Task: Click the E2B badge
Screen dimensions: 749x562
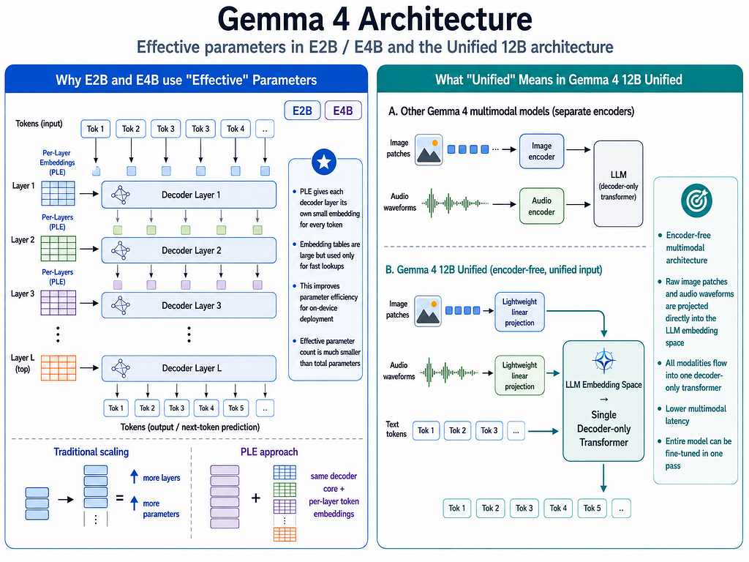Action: tap(302, 110)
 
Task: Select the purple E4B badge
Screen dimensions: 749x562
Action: tap(343, 110)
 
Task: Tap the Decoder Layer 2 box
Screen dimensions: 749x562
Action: tap(189, 250)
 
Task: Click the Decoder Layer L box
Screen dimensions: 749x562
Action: tap(189, 368)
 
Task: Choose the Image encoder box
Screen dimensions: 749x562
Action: tap(542, 151)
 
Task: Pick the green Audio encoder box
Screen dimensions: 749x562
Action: tap(542, 206)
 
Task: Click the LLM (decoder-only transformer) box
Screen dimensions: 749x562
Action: tap(618, 184)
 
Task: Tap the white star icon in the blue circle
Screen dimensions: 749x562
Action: tap(324, 162)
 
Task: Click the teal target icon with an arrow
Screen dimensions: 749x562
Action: tap(696, 201)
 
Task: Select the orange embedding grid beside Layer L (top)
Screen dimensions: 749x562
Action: tap(59, 367)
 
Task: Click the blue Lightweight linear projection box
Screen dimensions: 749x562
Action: tap(520, 312)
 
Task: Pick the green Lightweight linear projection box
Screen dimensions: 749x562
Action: tap(520, 375)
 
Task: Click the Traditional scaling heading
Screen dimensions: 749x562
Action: tap(91, 452)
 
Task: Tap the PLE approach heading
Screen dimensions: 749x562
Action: tap(269, 452)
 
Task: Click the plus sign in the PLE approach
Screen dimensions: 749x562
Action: tap(256, 498)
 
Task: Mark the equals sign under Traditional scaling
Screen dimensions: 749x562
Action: tap(119, 498)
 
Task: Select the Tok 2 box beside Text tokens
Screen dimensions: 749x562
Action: tap(457, 430)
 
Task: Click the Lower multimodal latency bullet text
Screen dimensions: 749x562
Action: tap(696, 415)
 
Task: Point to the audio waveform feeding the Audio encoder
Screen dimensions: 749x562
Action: tap(455, 203)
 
